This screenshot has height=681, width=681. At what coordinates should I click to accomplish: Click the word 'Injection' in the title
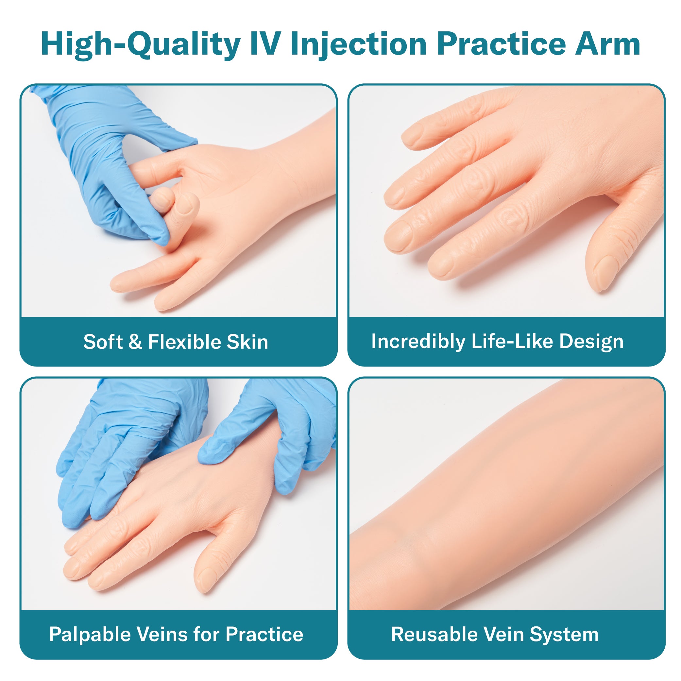358,45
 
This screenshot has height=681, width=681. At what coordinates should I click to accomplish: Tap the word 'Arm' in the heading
608,44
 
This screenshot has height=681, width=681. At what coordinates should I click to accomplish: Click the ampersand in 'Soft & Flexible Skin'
135,342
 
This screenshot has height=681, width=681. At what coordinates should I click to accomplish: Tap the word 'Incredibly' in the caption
418,342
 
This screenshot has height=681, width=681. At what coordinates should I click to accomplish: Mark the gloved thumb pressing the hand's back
215,453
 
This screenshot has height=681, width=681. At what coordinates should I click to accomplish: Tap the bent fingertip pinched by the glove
162,198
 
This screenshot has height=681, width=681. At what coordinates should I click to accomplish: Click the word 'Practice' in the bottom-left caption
264,635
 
